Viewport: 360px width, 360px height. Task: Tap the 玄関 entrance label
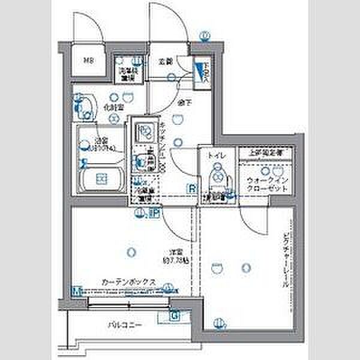(x=166, y=61)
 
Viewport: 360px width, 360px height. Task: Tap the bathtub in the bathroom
(x=102, y=178)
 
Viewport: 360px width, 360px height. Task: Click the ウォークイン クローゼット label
(x=266, y=184)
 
